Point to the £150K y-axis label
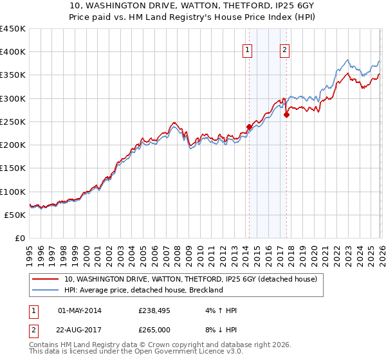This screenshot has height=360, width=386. click(x=14, y=168)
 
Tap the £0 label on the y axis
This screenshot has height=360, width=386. click(x=19, y=239)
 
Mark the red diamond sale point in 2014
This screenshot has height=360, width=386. click(x=249, y=127)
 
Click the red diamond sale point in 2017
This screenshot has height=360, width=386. click(x=286, y=115)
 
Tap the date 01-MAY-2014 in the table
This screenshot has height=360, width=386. click(x=79, y=310)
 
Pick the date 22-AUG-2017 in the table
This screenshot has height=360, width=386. click(x=79, y=331)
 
